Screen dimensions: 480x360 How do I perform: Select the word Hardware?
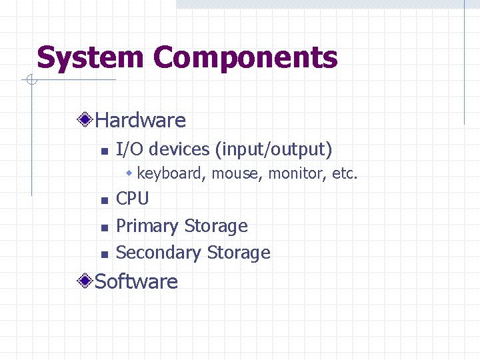point(140,121)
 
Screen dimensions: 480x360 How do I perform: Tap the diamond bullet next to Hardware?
point(85,120)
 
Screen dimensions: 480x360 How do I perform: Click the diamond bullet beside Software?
point(85,281)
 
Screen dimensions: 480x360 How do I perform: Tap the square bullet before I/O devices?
point(103,151)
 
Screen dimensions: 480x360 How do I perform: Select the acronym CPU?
point(133,199)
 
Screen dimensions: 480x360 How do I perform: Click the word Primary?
point(147,226)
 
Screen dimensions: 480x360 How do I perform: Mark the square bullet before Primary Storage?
point(103,228)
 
